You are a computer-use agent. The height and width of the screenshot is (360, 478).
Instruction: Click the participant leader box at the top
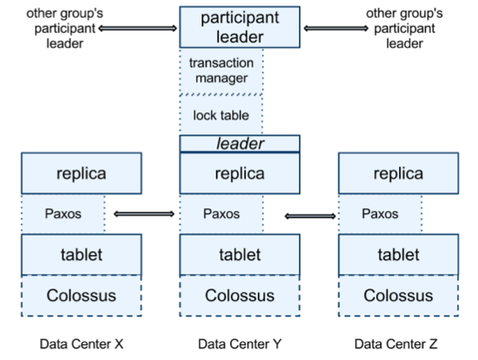239,28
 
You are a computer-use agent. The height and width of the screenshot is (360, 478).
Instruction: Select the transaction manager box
221,71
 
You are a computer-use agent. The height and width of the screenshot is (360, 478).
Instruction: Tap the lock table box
221,114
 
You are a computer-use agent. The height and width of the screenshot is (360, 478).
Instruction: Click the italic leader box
239,144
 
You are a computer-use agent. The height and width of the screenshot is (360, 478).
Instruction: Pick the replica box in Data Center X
81,174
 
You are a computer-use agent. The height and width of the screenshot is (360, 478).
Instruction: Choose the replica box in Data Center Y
239,174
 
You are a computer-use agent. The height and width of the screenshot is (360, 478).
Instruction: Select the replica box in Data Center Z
397,174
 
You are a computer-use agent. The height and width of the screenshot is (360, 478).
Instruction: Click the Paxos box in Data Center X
63,214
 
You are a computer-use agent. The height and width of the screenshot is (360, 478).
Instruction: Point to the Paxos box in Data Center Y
221,214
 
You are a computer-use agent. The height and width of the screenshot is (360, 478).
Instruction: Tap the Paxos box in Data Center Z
380,214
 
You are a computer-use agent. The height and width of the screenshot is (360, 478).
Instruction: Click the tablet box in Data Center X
81,254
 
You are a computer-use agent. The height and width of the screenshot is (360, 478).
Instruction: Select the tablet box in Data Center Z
397,254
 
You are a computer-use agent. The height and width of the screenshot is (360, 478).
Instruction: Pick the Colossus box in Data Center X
81,295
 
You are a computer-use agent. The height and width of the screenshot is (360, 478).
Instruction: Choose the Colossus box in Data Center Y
239,295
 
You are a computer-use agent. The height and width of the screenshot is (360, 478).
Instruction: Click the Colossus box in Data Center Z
397,295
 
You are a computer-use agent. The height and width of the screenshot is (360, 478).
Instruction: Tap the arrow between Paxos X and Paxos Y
144,213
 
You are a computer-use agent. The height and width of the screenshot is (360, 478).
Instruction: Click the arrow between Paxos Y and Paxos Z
311,216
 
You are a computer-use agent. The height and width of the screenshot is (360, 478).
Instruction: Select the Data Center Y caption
239,344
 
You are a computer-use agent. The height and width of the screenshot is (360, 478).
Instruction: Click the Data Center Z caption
397,344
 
